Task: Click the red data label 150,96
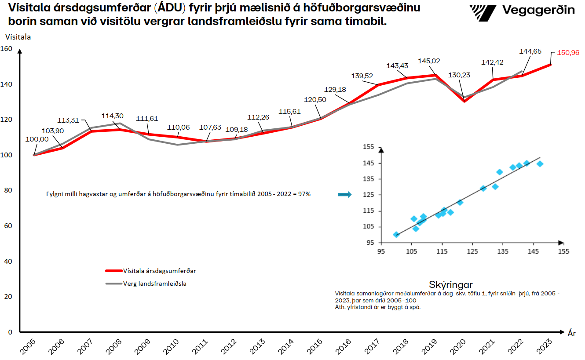click(x=568, y=53)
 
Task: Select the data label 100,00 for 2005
click(x=37, y=139)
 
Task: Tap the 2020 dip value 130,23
click(x=459, y=75)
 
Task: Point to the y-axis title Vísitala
click(x=18, y=37)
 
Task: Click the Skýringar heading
click(x=450, y=285)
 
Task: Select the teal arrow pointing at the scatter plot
click(x=344, y=194)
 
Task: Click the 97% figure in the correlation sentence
click(x=304, y=194)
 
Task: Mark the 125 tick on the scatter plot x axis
click(x=472, y=251)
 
